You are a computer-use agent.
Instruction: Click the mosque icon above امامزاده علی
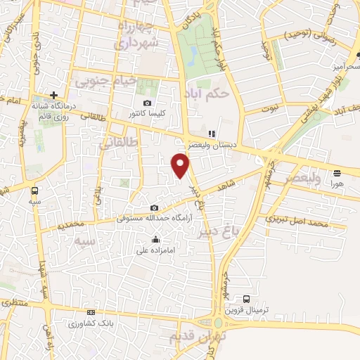[x=155, y=240]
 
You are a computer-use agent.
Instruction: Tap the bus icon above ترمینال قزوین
[x=245, y=299]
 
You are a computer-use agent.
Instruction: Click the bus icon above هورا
[x=337, y=172]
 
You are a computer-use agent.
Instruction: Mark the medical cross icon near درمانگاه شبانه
[x=53, y=95]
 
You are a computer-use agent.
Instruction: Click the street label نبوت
[x=271, y=109]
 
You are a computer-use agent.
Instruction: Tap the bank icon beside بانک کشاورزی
[x=91, y=312]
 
